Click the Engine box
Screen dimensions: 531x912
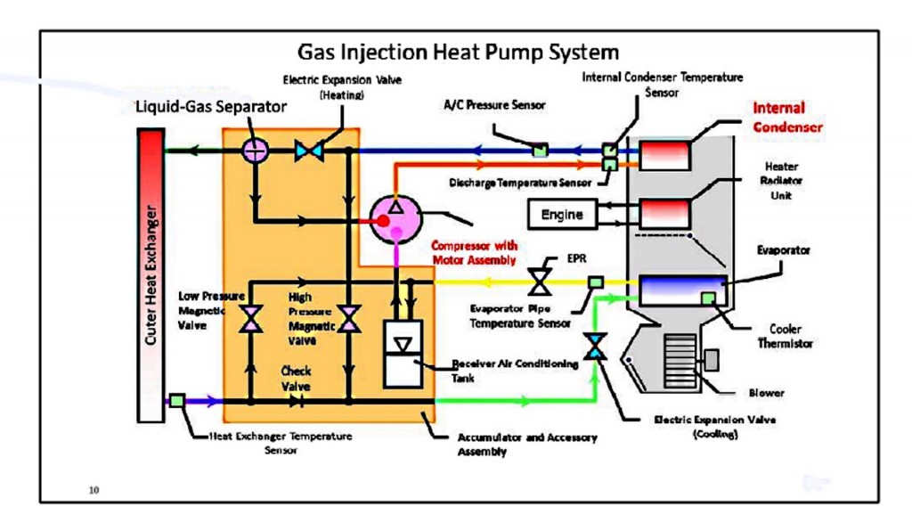click(x=562, y=214)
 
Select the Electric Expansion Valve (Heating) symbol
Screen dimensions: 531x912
click(x=309, y=151)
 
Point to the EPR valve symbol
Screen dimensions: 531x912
click(x=538, y=282)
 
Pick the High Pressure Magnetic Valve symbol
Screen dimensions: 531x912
click(x=349, y=318)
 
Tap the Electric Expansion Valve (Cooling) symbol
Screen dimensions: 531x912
click(x=594, y=347)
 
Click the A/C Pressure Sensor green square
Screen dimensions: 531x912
click(x=540, y=150)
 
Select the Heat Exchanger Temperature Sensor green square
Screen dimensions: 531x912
click(x=177, y=401)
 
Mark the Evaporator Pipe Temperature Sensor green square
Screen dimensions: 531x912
click(x=595, y=282)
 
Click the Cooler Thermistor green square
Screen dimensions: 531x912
click(x=709, y=298)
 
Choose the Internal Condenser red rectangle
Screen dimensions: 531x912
click(x=664, y=155)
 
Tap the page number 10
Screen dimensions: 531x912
click(x=94, y=489)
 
